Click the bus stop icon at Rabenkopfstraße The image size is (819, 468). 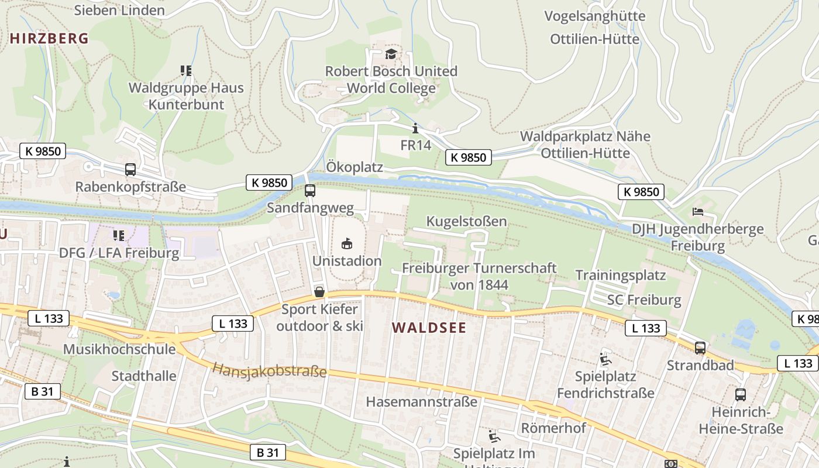(130, 170)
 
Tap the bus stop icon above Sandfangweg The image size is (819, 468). (310, 191)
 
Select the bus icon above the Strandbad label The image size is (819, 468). (700, 348)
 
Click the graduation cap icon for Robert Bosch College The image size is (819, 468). (391, 54)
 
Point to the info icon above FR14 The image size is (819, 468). (415, 128)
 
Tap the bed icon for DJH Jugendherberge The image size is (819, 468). (697, 211)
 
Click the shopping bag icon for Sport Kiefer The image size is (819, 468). (319, 292)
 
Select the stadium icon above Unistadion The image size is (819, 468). (347, 243)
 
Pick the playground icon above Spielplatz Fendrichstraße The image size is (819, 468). (605, 359)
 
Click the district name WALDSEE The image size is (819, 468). (429, 328)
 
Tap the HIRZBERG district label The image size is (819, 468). (49, 39)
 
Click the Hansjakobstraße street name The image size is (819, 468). (269, 370)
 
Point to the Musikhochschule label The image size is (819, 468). (119, 349)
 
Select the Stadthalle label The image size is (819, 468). (144, 376)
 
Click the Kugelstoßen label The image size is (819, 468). (466, 222)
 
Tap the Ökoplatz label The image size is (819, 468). (355, 167)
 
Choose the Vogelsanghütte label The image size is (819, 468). (595, 16)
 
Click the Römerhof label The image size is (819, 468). (553, 428)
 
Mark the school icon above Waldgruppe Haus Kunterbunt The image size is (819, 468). (186, 71)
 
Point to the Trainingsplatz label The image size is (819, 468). (621, 275)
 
